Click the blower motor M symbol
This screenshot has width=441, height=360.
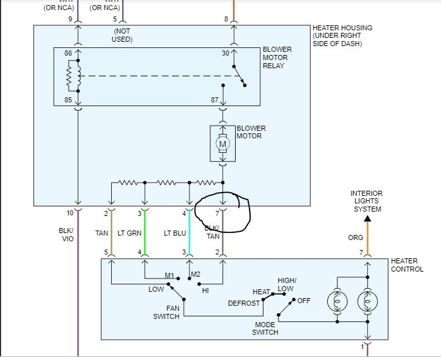[222, 144]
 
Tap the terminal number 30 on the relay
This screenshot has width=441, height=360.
[226, 54]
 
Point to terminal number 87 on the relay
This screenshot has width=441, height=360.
[214, 100]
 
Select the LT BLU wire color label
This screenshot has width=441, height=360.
[175, 233]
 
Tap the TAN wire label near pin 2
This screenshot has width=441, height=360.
[102, 233]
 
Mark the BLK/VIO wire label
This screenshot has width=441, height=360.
[67, 235]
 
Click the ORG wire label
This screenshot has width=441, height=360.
[356, 238]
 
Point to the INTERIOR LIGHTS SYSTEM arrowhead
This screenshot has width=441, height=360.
[367, 218]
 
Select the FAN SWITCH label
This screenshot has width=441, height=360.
[166, 312]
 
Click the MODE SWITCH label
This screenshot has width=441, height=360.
[265, 328]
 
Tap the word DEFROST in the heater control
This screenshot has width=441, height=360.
[244, 303]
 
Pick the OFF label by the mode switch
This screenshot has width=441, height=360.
[305, 301]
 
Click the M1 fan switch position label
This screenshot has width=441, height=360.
[169, 275]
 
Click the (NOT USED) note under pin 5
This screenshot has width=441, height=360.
[123, 35]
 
